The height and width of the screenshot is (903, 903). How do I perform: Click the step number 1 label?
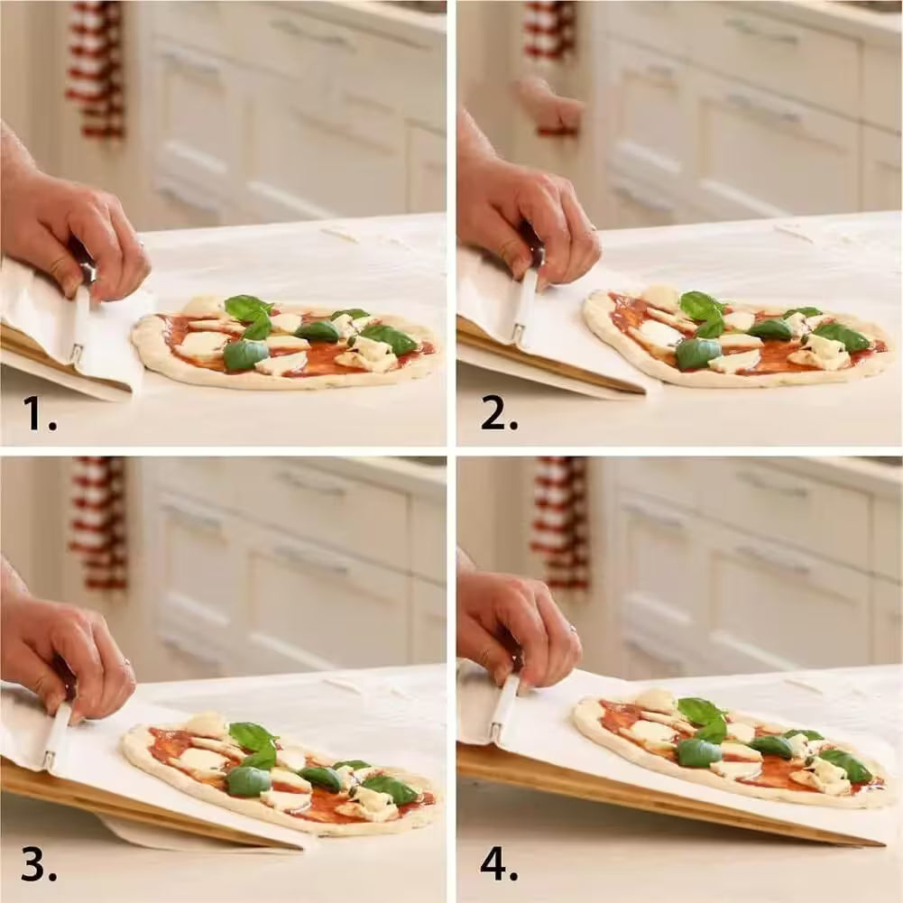tap(39, 412)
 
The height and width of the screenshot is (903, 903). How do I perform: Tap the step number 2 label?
tap(498, 412)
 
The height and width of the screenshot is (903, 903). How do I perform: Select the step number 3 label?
tap(39, 863)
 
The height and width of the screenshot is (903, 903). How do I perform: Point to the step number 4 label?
tap(498, 863)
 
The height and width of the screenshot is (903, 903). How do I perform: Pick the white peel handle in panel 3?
tap(56, 735)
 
